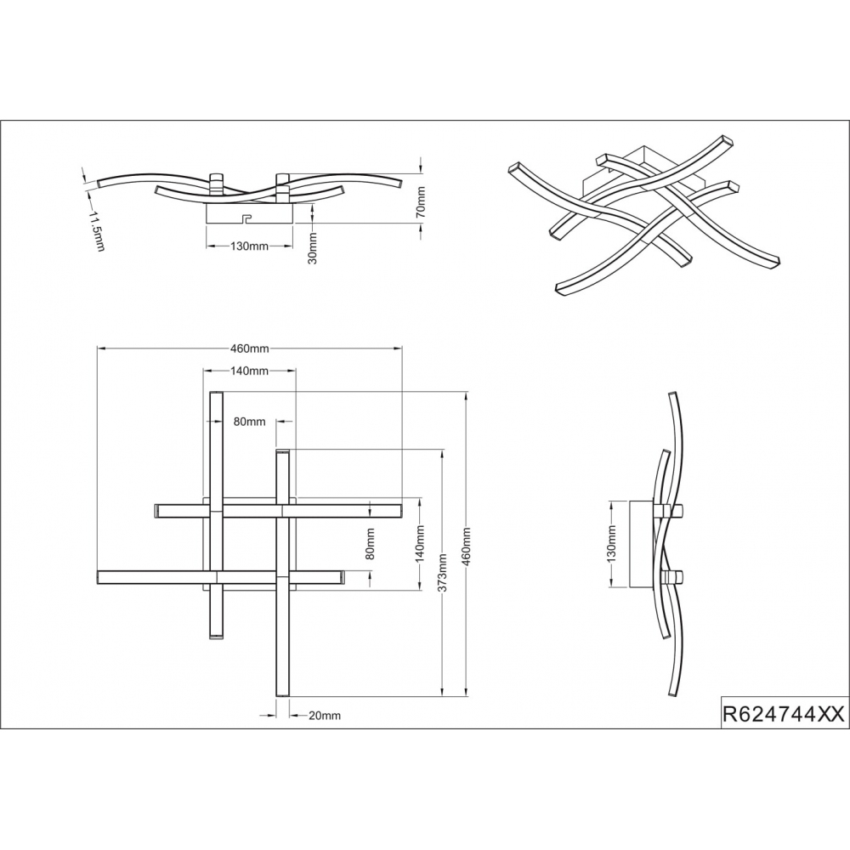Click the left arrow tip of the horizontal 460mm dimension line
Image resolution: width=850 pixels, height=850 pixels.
click(97, 348)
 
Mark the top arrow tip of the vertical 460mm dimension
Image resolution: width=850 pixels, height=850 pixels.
click(466, 391)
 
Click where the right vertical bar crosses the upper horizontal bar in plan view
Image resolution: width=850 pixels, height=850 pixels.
click(282, 511)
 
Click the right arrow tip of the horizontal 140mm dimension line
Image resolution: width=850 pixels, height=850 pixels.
click(296, 371)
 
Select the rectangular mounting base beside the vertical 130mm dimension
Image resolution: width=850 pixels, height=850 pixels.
click(642, 544)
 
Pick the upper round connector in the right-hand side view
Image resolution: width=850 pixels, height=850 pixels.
click(676, 510)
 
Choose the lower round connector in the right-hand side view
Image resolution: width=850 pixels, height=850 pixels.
click(676, 577)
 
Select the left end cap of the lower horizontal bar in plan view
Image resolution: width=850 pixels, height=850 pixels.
click(99, 577)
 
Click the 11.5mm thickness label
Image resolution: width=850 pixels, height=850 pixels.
click(96, 232)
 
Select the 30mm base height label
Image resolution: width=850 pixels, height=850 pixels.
click(312, 247)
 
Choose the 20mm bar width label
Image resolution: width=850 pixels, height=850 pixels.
click(325, 716)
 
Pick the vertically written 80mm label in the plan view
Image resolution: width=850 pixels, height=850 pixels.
click(371, 544)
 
